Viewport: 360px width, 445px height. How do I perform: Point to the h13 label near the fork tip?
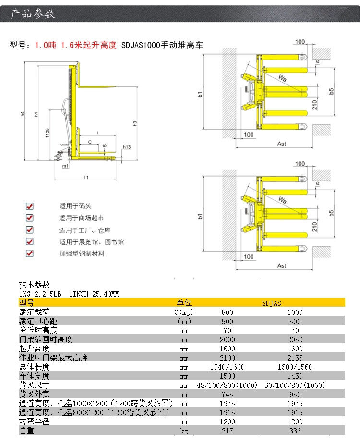tap(127, 147)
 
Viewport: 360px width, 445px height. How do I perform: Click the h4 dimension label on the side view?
tap(23, 114)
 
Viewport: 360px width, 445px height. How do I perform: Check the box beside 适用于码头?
tap(29, 206)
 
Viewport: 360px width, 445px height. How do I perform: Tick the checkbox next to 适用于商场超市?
tap(29, 218)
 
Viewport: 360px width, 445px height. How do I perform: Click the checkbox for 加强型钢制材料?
tap(29, 253)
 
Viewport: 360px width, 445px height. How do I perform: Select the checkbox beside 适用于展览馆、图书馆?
tap(29, 241)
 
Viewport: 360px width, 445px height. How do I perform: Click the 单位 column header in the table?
tap(184, 303)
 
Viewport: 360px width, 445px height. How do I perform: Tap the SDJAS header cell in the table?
tap(272, 303)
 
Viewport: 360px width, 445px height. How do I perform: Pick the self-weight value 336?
tap(295, 431)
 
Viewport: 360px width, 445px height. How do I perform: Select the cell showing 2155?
tap(295, 358)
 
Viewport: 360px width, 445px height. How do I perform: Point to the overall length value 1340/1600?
tap(228, 367)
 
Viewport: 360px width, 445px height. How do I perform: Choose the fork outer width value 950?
tap(295, 394)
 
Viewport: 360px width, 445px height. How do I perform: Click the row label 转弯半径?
tap(34, 422)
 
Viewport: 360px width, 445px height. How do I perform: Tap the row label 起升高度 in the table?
tap(34, 349)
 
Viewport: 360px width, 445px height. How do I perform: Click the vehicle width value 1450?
tap(295, 376)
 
